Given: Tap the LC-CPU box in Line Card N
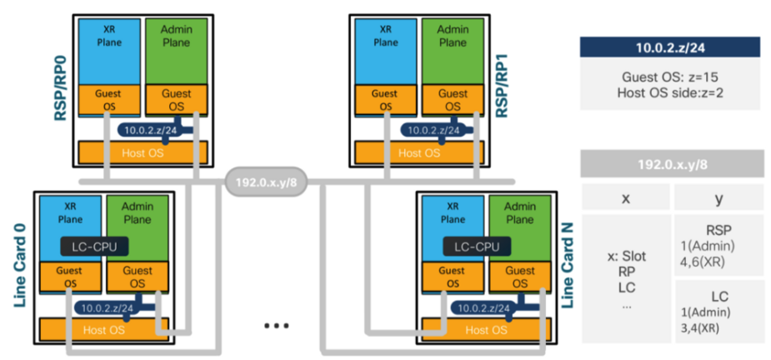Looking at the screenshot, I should (x=482, y=247).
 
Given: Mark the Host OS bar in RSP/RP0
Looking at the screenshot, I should (x=141, y=152).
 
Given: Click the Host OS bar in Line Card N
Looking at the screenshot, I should (x=483, y=331).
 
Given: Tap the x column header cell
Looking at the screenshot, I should (x=625, y=198).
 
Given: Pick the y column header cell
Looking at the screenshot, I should (x=718, y=198).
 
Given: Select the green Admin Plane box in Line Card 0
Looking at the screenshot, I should (x=138, y=219).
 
